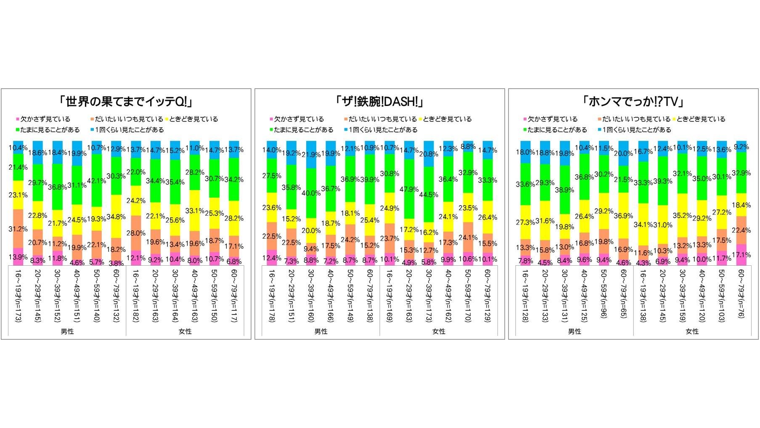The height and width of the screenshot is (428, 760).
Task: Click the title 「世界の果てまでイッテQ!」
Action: pos(126,102)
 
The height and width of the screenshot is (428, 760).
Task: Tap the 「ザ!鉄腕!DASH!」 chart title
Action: pos(379,102)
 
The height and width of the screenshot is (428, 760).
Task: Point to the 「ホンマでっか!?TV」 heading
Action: pos(633,102)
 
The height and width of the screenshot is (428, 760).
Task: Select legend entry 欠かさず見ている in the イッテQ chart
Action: pos(45,119)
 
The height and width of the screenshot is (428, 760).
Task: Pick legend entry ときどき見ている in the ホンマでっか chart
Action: pos(701,119)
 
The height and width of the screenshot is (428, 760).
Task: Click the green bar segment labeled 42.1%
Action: pos(97,180)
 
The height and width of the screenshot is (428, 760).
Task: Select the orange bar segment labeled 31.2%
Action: pos(18,228)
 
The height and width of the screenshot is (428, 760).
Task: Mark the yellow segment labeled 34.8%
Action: pos(116,217)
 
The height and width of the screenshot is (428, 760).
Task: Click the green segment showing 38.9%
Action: pos(565,190)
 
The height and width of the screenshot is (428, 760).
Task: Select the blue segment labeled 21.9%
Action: pos(311,154)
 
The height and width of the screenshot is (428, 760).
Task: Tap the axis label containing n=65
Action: pos(623,294)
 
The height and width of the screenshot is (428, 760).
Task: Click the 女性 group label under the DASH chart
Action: pos(439,332)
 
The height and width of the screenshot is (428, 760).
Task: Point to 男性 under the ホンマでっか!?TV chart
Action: pos(575,332)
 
